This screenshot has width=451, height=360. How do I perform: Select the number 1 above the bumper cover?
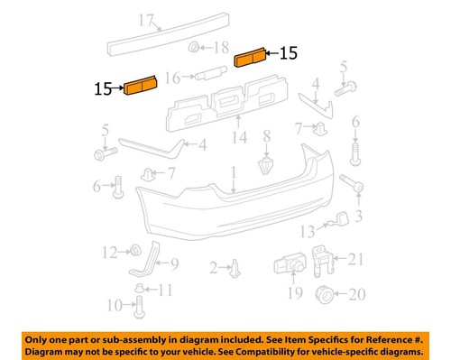pos(232,171)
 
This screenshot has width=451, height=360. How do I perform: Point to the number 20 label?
pos(356,294)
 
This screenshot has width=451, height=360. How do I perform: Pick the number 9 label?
pos(174,264)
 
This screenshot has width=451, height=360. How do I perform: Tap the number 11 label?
pos(164,290)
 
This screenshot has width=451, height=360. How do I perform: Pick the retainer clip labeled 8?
pos(264,166)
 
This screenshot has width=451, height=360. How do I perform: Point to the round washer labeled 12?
pos(134,249)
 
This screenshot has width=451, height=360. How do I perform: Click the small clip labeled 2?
pos(235,267)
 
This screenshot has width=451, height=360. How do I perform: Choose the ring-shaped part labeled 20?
pos(326,295)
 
